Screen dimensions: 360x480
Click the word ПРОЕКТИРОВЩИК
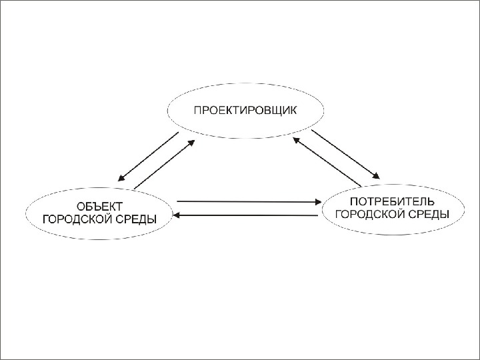[245, 110]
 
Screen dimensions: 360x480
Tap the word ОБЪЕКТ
[99, 205]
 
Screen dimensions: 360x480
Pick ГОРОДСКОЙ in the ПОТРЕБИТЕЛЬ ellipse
[371, 214]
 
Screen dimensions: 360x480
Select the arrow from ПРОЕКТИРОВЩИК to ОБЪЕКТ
[149, 157]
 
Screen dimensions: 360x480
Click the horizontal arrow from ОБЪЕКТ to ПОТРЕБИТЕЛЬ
[247, 201]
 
